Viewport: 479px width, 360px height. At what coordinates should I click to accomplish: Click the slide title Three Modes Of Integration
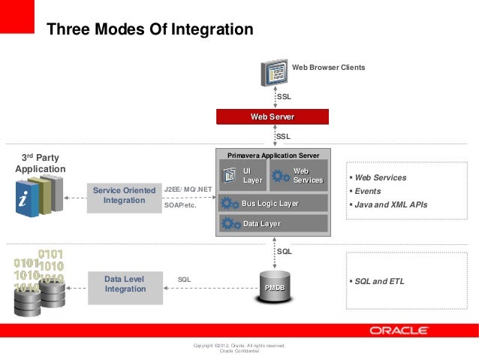150,30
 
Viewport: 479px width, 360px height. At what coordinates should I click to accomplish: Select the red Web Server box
272,116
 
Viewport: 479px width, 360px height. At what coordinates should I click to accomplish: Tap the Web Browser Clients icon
274,71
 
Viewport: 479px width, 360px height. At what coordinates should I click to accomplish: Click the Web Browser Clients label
328,68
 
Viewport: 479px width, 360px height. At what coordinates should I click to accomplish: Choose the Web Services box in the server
298,176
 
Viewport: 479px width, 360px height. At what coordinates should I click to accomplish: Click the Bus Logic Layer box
273,204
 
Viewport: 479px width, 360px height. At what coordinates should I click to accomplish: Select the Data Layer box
273,223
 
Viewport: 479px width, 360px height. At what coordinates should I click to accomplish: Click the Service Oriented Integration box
124,196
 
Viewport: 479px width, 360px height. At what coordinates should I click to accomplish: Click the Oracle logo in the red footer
399,331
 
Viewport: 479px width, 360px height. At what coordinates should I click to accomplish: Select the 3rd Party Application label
39,163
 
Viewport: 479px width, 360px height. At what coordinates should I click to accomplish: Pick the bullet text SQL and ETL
378,282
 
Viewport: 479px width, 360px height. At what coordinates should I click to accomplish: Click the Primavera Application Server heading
273,154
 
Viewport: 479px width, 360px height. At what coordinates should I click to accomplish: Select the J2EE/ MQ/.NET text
188,189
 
